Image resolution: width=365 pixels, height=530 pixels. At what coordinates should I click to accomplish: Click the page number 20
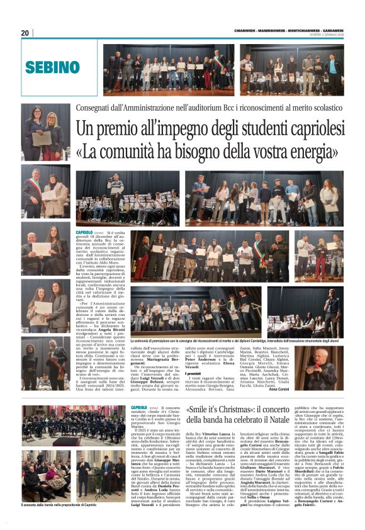[25, 33]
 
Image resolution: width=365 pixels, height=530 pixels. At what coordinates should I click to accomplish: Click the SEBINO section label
[52, 67]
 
